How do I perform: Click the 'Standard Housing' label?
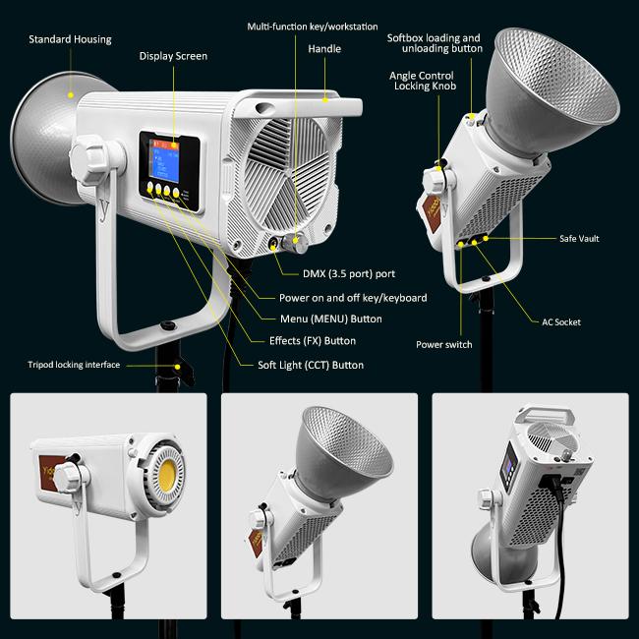[x=70, y=39]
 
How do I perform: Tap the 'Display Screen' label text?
[x=173, y=56]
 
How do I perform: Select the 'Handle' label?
[x=324, y=49]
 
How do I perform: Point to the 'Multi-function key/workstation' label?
[x=313, y=27]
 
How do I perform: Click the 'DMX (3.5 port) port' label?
[x=349, y=274]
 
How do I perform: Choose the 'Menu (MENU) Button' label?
[x=331, y=319]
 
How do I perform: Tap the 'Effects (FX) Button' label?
[x=313, y=341]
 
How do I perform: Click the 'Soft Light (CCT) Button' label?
[x=311, y=365]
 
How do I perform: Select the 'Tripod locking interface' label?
[x=74, y=365]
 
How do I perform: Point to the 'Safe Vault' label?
[x=579, y=239]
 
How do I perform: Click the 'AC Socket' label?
[x=561, y=322]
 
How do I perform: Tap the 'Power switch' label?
[x=444, y=345]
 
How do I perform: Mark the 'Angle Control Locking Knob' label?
[x=423, y=81]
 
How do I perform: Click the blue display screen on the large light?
[x=164, y=160]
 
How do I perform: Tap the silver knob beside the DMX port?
[x=296, y=243]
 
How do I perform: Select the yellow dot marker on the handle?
[x=325, y=99]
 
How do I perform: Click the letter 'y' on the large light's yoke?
[x=105, y=209]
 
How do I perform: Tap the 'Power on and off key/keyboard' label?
[x=353, y=298]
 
